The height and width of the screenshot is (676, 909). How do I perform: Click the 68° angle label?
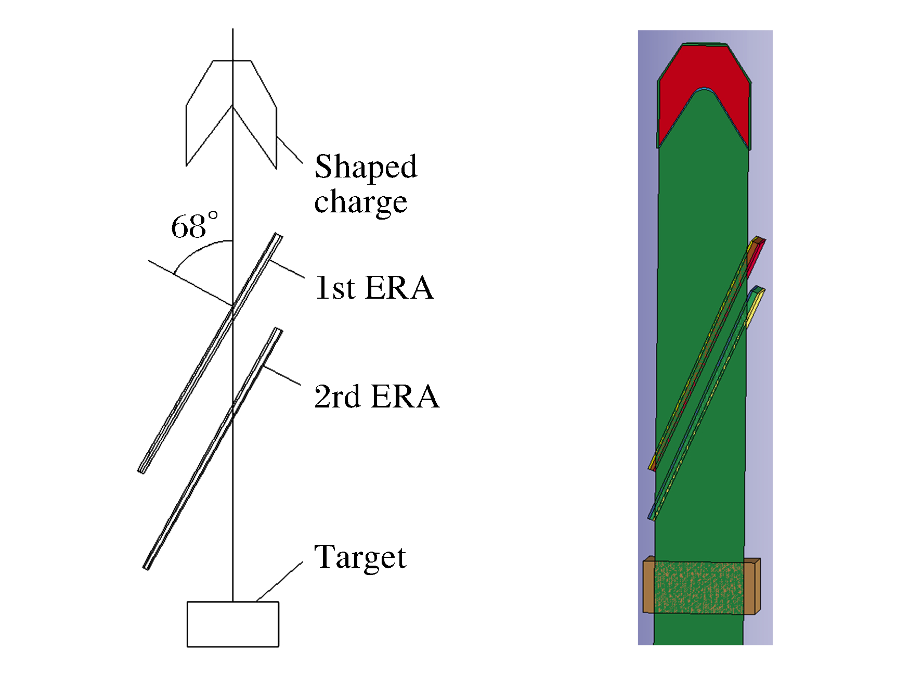pos(194,226)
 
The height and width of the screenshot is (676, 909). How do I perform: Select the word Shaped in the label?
pos(366,167)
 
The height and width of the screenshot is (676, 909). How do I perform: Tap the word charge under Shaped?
pos(360,202)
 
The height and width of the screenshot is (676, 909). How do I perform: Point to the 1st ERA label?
pos(374,288)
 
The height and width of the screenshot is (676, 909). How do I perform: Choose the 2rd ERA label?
pos(376,397)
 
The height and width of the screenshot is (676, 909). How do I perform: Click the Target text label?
pos(360,557)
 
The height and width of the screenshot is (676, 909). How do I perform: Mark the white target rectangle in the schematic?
pos(232,624)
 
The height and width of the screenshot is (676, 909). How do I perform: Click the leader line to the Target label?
pos(280,581)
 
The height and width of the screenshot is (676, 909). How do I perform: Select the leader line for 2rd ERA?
pos(282,376)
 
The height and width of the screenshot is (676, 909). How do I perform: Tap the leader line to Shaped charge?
pos(290,150)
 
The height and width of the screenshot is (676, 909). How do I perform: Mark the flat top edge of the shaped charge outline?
pos(232,61)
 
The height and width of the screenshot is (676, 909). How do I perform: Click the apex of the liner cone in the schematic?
pos(232,107)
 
